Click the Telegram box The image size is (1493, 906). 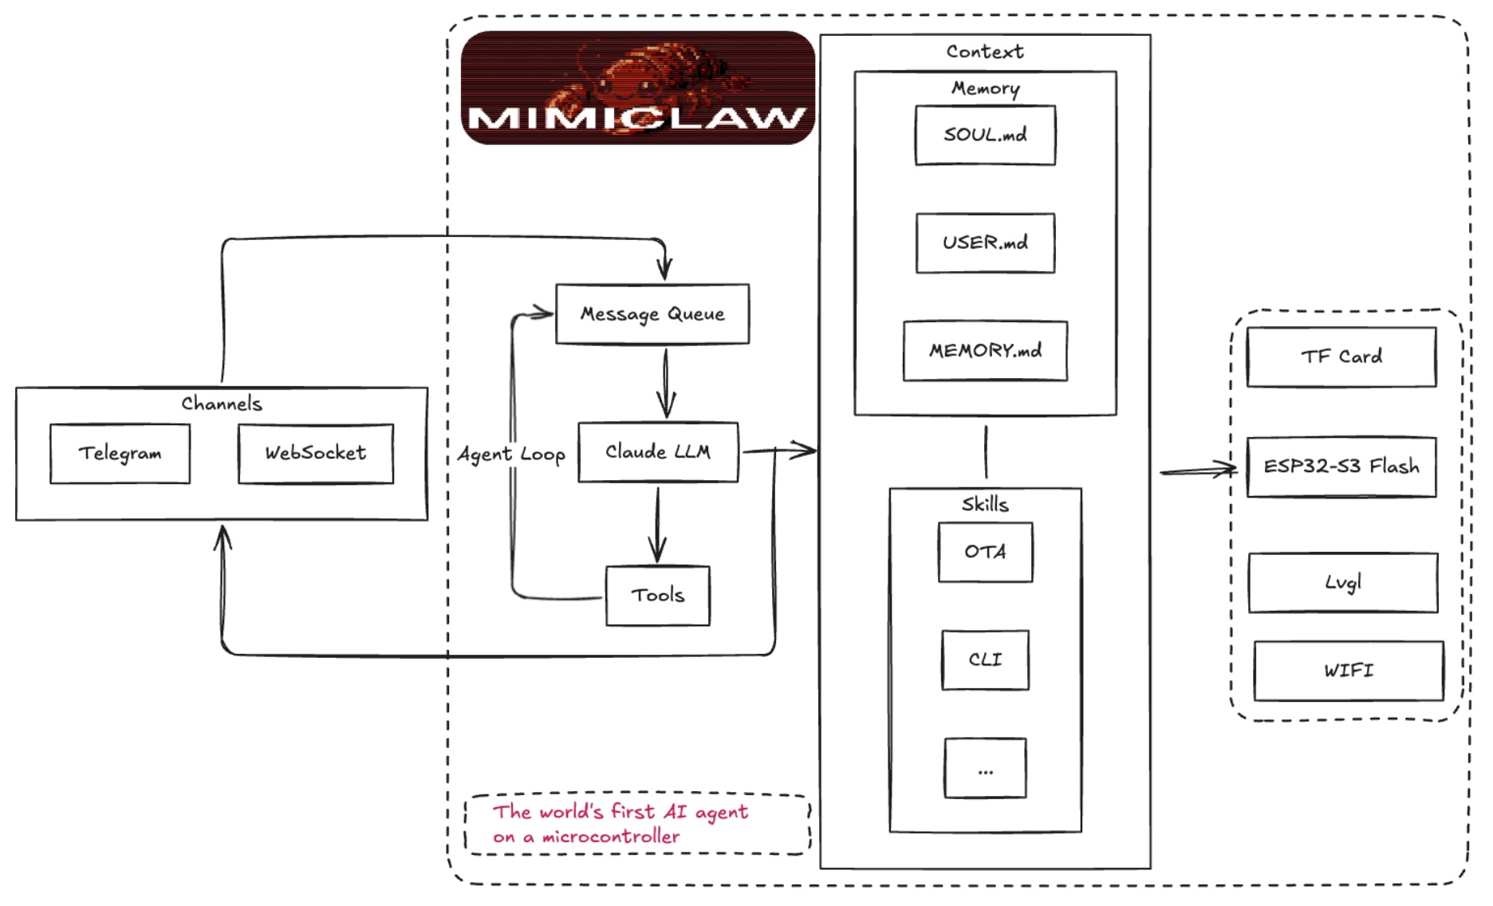click(x=120, y=453)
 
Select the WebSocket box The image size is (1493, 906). click(x=316, y=453)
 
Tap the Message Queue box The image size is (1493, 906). click(x=652, y=313)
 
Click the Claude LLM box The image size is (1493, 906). click(x=658, y=451)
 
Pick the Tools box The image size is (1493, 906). click(x=658, y=595)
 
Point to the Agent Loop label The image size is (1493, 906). click(x=511, y=454)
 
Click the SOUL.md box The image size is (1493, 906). click(x=985, y=135)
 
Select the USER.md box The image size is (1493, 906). click(x=985, y=242)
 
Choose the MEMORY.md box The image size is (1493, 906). click(x=985, y=350)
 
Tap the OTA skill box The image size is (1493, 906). click(x=985, y=552)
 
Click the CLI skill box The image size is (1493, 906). click(x=985, y=660)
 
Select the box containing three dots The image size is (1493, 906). click(x=985, y=768)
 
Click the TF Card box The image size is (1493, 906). click(x=1341, y=356)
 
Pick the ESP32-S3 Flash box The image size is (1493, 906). click(x=1341, y=467)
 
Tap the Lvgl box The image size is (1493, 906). click(x=1343, y=582)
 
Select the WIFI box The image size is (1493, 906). click(x=1349, y=671)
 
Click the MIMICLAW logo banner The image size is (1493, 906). click(x=638, y=88)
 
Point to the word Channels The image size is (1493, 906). click(x=222, y=404)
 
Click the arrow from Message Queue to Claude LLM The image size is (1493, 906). click(x=666, y=383)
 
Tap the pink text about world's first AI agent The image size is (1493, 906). click(x=620, y=824)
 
